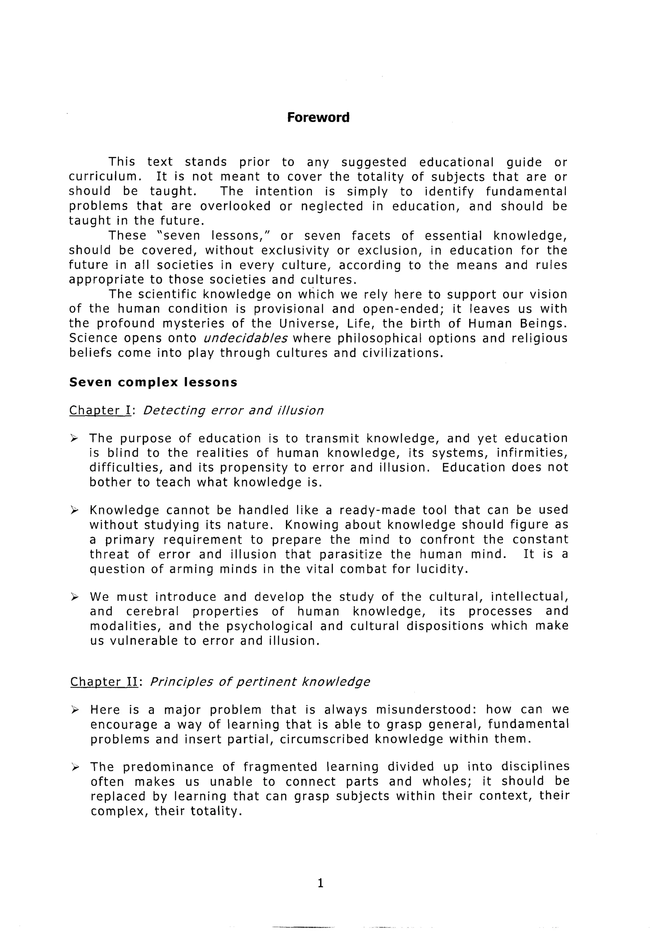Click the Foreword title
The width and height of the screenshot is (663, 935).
click(318, 118)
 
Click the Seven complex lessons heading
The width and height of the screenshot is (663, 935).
click(153, 382)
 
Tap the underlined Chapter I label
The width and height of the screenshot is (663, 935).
click(100, 410)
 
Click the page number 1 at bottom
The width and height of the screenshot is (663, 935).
click(320, 883)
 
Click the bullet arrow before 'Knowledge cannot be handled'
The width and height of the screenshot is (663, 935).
click(74, 510)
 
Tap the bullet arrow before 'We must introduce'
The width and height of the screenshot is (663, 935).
click(74, 597)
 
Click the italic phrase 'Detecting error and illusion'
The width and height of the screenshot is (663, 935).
click(233, 410)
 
